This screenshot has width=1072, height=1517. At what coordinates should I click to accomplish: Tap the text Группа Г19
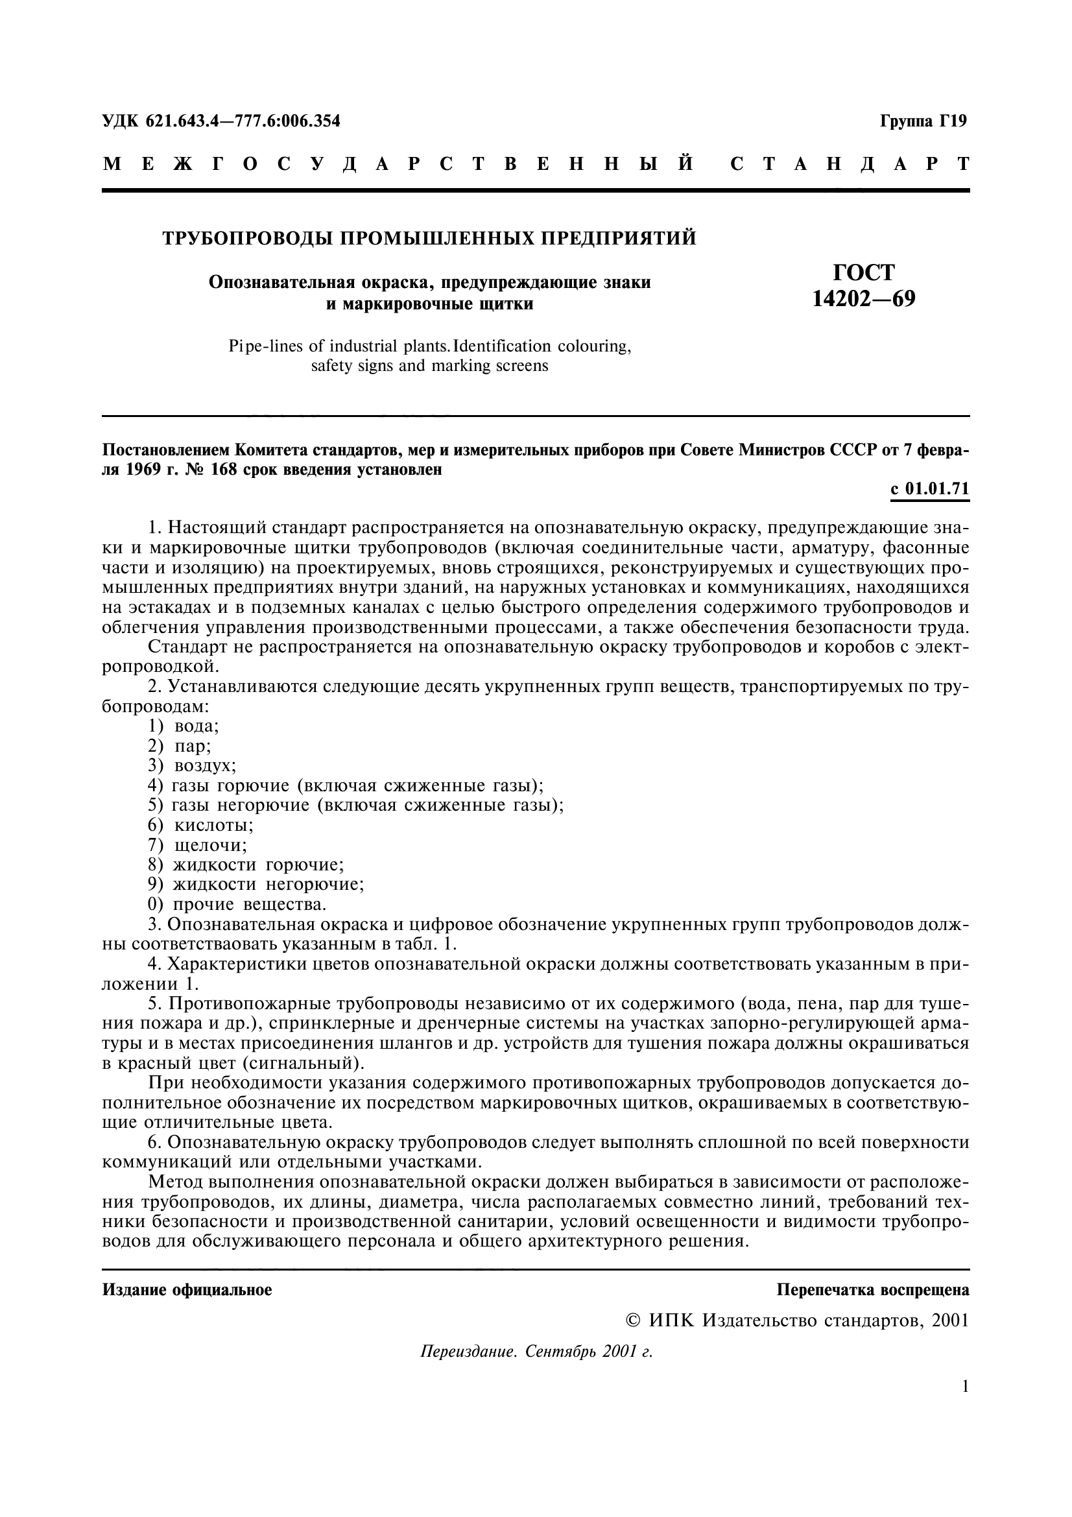click(x=923, y=121)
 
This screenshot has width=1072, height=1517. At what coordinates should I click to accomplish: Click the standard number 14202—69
click(x=863, y=299)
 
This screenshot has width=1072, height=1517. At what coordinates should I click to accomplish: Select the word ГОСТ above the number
click(x=863, y=272)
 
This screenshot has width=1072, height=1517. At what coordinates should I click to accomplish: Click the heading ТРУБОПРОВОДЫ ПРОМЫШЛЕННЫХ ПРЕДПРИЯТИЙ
click(x=429, y=237)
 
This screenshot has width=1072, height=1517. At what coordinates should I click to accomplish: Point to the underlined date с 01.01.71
click(x=930, y=489)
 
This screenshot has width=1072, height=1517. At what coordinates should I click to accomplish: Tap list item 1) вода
click(x=184, y=726)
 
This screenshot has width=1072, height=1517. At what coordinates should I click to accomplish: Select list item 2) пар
click(x=180, y=746)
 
